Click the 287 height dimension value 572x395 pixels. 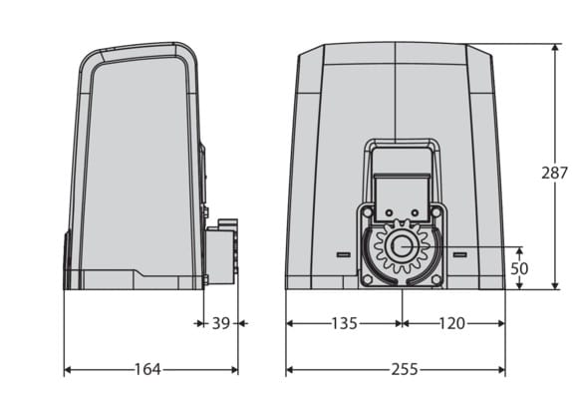(x=554, y=173)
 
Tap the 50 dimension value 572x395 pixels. (x=519, y=268)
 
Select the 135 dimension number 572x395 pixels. (x=344, y=323)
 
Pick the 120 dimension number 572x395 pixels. (x=451, y=323)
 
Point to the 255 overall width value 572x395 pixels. (x=405, y=369)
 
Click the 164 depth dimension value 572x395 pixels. (x=147, y=369)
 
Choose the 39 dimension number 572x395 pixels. (x=221, y=323)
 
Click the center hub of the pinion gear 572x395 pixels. (x=402, y=246)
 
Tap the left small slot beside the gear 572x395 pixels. (x=343, y=254)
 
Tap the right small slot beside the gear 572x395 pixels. (x=460, y=254)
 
